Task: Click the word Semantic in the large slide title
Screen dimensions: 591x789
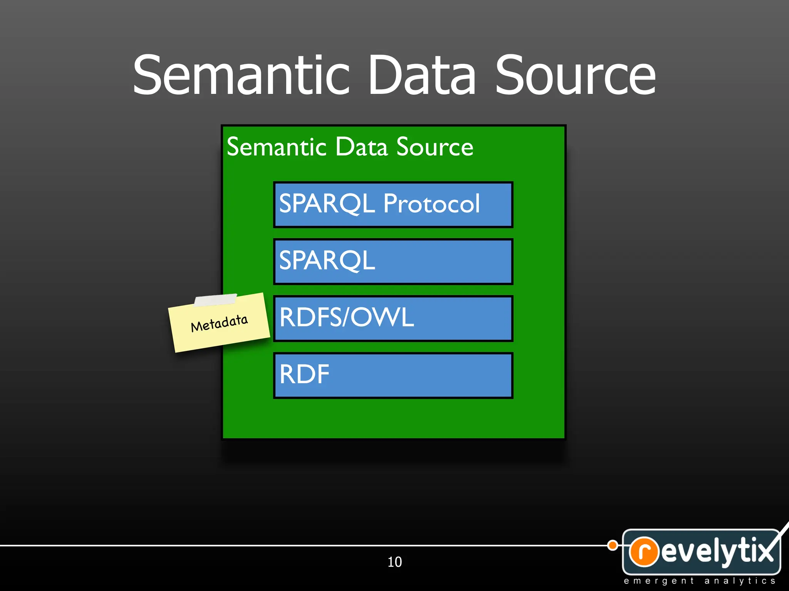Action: click(x=241, y=75)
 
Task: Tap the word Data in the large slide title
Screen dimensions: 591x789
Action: click(x=422, y=75)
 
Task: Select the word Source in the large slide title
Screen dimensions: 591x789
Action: click(x=575, y=75)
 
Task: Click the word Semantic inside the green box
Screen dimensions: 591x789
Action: click(x=277, y=147)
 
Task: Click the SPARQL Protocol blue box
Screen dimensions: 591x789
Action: click(x=393, y=205)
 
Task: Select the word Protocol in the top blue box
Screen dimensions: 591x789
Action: click(x=431, y=204)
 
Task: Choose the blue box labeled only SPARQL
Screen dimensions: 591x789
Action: click(x=393, y=262)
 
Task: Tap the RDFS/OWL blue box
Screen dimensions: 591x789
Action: click(x=393, y=318)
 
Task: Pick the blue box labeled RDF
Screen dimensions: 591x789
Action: click(x=393, y=375)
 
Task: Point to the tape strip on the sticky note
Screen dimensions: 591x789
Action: click(x=216, y=300)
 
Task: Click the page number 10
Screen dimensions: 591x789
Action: click(x=394, y=562)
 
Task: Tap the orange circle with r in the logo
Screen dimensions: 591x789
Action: click(x=643, y=551)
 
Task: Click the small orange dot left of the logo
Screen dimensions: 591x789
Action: click(x=613, y=545)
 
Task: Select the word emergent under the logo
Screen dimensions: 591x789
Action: click(x=659, y=581)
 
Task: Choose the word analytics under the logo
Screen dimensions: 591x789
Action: click(x=740, y=581)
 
